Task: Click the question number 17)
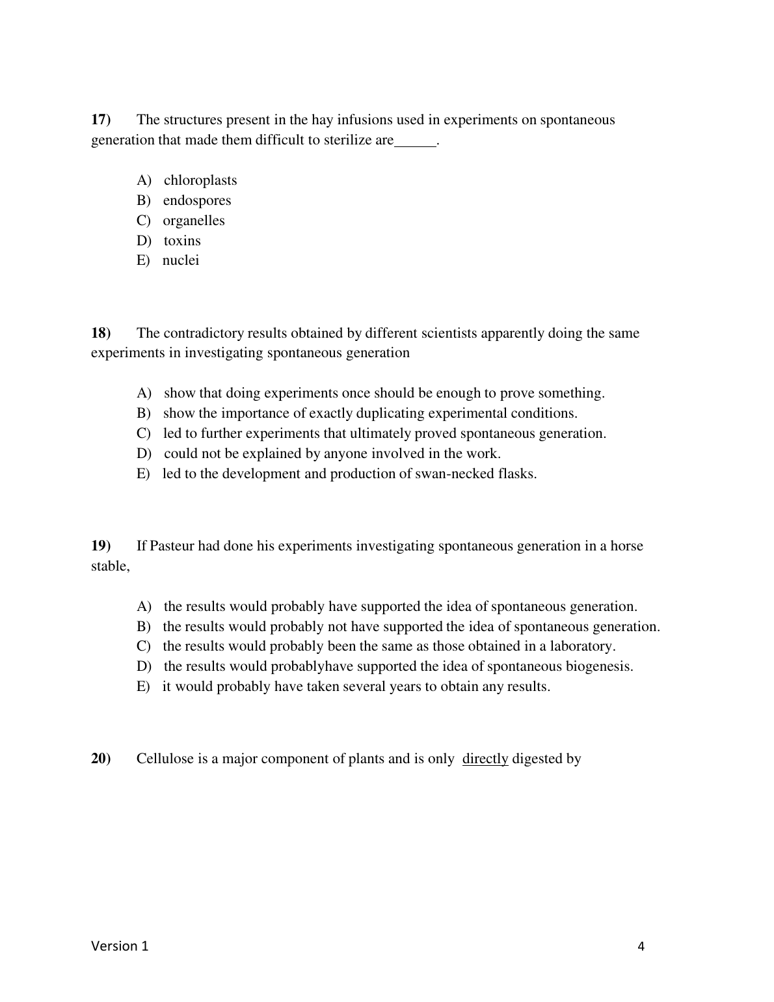[x=101, y=120]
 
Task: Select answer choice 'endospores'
[x=196, y=200]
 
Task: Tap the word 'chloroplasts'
[x=200, y=180]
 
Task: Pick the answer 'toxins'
[x=182, y=241]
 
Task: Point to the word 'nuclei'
[x=181, y=260]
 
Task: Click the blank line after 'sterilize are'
[x=415, y=141]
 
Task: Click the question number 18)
[x=101, y=333]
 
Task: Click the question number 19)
[x=101, y=546]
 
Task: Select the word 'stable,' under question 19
[x=110, y=566]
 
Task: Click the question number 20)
[x=101, y=759]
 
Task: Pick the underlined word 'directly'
[x=485, y=759]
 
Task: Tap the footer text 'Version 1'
[x=120, y=946]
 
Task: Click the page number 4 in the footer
[x=641, y=947]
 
